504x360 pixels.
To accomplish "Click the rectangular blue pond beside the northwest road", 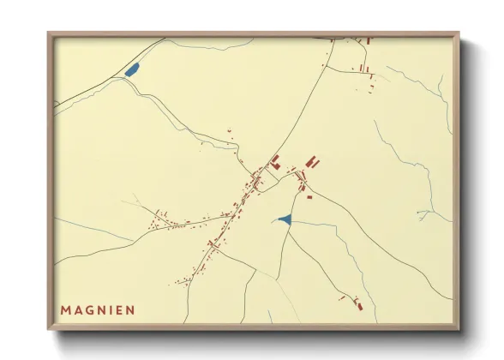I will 132,70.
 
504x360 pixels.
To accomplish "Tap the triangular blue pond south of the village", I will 285,220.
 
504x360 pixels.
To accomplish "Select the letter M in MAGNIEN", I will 66,309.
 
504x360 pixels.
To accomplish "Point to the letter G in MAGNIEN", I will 93,309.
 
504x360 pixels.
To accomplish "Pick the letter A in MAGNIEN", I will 79,309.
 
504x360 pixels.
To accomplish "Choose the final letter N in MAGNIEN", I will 129,309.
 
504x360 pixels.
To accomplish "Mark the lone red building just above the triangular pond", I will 309,197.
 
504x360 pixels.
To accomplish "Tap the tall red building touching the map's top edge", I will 368,40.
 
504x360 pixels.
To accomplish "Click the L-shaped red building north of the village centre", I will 275,159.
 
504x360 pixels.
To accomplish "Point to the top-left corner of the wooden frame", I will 49,33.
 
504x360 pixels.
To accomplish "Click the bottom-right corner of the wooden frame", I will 459,330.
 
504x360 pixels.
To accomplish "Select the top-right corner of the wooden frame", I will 459,33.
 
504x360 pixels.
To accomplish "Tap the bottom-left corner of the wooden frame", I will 49,330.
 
